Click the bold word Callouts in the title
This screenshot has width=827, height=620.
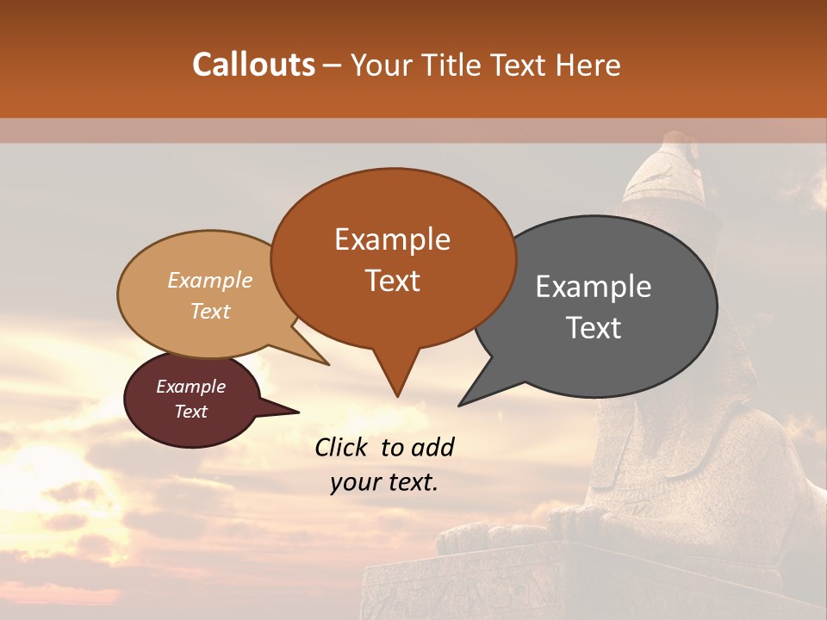(253, 65)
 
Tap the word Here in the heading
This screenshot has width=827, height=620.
(588, 65)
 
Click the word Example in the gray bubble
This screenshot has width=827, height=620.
(593, 287)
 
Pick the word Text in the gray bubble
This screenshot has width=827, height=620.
(594, 328)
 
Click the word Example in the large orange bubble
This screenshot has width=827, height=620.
(392, 239)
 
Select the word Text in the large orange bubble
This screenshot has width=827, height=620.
(393, 281)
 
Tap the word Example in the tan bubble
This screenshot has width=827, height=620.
(210, 280)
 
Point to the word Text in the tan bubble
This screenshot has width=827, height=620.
(210, 311)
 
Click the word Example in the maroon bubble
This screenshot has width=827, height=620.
(190, 387)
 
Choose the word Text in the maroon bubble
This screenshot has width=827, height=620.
(190, 412)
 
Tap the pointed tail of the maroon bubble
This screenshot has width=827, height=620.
(293, 412)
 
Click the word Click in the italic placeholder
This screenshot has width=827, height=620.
(343, 447)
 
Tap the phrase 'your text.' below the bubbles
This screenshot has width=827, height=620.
(383, 482)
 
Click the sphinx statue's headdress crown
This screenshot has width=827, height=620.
(668, 168)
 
